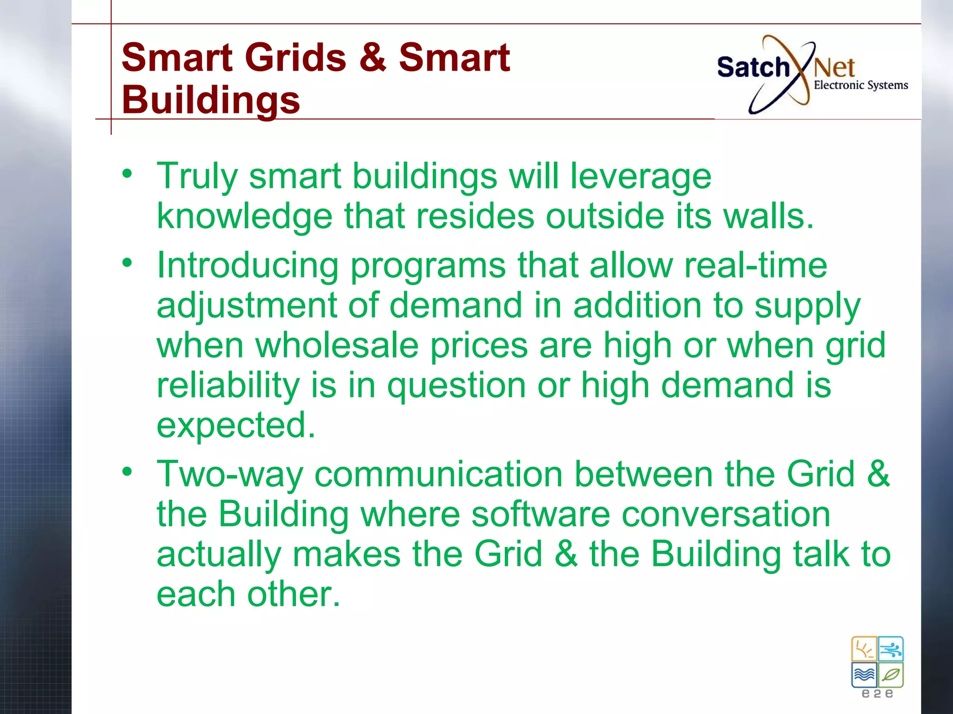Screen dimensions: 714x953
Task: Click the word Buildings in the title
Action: tap(211, 100)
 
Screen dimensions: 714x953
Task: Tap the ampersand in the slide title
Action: tap(373, 58)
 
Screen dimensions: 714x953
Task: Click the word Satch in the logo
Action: tap(753, 67)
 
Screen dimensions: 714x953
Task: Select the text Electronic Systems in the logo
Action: tap(860, 85)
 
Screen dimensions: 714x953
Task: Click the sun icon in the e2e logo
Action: tap(864, 649)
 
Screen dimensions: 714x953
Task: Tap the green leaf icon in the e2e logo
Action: tap(891, 674)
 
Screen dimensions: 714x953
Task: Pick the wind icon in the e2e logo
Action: tap(891, 649)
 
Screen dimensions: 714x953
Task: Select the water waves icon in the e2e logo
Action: tap(864, 674)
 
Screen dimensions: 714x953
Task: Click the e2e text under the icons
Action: tap(877, 694)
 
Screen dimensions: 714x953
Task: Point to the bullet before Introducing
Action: tap(127, 263)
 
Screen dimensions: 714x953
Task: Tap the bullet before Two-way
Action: tap(127, 472)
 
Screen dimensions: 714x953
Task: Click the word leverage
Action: tap(641, 177)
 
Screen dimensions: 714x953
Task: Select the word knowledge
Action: tap(245, 217)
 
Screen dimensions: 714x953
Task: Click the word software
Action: tap(540, 514)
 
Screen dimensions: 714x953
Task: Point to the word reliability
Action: tap(228, 385)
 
